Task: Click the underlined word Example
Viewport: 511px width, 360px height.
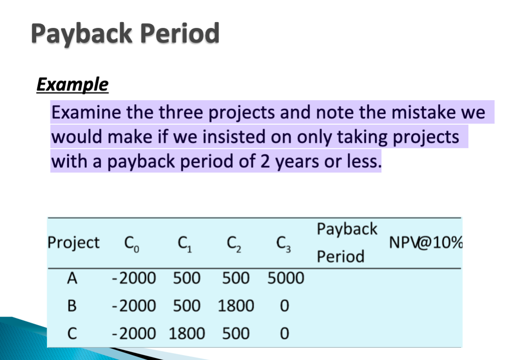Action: coord(72,85)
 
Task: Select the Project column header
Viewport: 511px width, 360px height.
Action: coord(73,243)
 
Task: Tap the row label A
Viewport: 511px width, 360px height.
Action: coord(72,279)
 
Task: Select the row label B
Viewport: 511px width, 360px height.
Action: coord(72,306)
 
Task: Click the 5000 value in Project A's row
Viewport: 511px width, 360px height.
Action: coord(286,279)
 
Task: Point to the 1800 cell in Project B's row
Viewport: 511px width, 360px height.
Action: coord(236,306)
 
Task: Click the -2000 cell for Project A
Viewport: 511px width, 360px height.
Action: coord(133,279)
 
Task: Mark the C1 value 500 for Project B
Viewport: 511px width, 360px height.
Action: coord(187,306)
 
